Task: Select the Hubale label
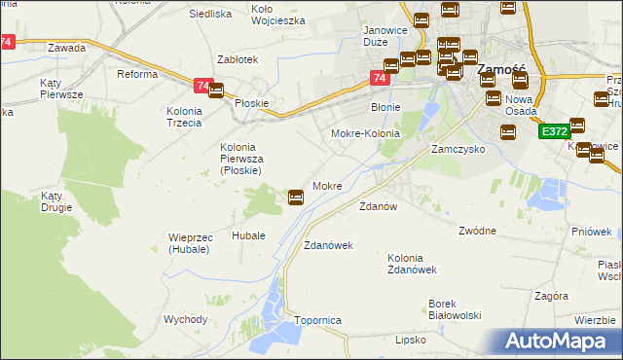248,235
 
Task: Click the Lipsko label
411,341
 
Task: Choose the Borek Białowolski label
457,309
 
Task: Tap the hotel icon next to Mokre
296,198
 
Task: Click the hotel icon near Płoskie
216,91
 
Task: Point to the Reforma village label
137,74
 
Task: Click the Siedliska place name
209,15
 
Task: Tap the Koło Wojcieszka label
278,14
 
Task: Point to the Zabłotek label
238,59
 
